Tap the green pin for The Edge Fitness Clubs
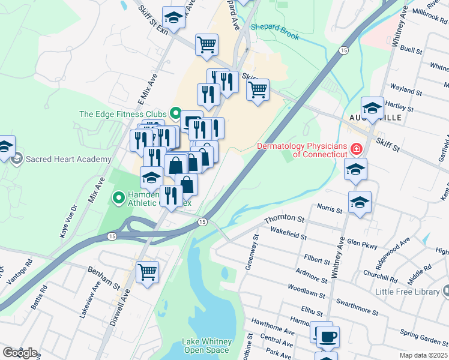click(x=176, y=112)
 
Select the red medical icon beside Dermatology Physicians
click(x=357, y=148)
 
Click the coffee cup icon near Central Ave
click(x=328, y=337)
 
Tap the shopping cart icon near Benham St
click(x=147, y=272)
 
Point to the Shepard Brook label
click(x=274, y=32)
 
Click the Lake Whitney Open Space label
click(x=205, y=346)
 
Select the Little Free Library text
click(x=408, y=292)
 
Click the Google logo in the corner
click(x=20, y=353)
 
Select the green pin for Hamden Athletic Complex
click(x=119, y=196)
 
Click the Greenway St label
click(x=251, y=252)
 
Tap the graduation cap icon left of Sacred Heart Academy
click(x=5, y=146)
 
